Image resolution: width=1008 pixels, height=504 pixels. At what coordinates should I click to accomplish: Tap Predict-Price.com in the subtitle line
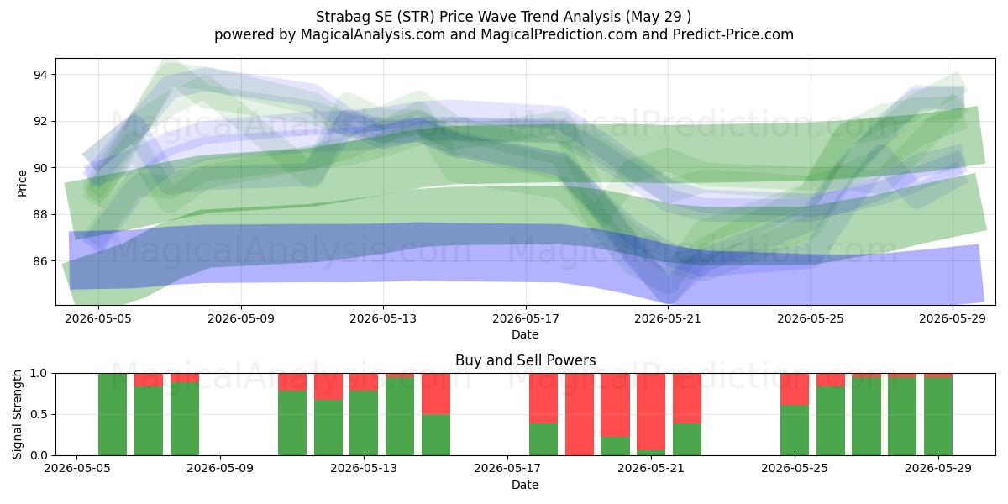pos(733,34)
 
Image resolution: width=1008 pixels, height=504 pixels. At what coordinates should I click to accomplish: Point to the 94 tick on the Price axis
pos(40,75)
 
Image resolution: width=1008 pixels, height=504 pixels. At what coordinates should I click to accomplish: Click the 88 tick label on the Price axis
pos(40,215)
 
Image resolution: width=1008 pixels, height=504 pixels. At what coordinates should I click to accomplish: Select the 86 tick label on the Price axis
pos(40,261)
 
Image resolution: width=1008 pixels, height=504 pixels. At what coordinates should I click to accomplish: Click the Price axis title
pos(22,183)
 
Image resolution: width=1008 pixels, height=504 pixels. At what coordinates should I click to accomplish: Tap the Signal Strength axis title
pos(17,414)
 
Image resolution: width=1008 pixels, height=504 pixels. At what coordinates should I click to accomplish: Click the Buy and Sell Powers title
pos(525,360)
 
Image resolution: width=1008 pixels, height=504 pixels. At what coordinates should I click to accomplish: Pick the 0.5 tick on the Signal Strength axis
pos(39,414)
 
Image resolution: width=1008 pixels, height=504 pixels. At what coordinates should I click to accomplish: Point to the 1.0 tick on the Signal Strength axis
pos(39,374)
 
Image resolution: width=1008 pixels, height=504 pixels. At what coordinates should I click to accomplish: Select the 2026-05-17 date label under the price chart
pos(526,318)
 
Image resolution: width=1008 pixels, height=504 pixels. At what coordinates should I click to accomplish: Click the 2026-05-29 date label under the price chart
pos(953,318)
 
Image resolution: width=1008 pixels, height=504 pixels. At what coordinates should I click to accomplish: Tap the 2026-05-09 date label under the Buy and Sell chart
pos(220,469)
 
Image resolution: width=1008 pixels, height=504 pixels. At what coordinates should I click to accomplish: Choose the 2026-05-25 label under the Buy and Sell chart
pos(795,469)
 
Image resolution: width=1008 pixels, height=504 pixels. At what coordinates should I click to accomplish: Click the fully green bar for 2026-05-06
pos(113,414)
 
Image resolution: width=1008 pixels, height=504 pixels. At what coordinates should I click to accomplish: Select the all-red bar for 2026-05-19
pos(579,414)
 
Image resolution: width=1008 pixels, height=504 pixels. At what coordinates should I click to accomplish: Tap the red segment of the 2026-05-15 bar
pos(436,394)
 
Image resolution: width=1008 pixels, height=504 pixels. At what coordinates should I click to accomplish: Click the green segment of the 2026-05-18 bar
pos(543,439)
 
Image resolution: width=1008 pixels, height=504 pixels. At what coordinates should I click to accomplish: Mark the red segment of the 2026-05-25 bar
pos(795,389)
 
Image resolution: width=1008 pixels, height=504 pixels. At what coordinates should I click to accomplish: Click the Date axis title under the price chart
pos(525,334)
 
